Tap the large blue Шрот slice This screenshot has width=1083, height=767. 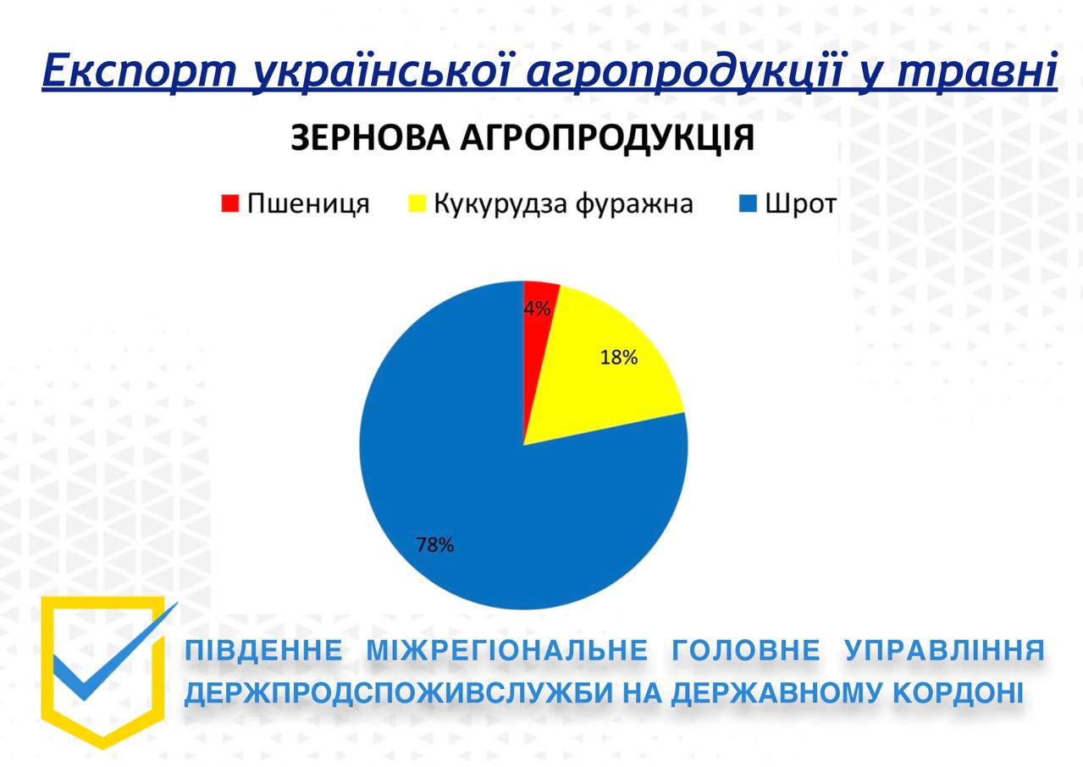(483, 484)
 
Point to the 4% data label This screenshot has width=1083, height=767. (537, 308)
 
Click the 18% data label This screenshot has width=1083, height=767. (619, 358)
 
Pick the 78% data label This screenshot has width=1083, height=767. (435, 545)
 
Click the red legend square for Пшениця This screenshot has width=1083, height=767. (230, 203)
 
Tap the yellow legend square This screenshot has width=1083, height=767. (417, 203)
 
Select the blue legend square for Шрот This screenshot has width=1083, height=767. (748, 203)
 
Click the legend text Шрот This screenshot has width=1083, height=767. (801, 204)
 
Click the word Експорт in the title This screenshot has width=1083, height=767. (140, 71)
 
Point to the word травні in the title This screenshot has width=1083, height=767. (978, 71)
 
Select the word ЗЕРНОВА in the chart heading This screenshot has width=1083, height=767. (370, 138)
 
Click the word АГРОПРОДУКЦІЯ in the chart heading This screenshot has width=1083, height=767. (607, 139)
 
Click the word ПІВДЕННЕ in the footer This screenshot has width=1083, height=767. (264, 650)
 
